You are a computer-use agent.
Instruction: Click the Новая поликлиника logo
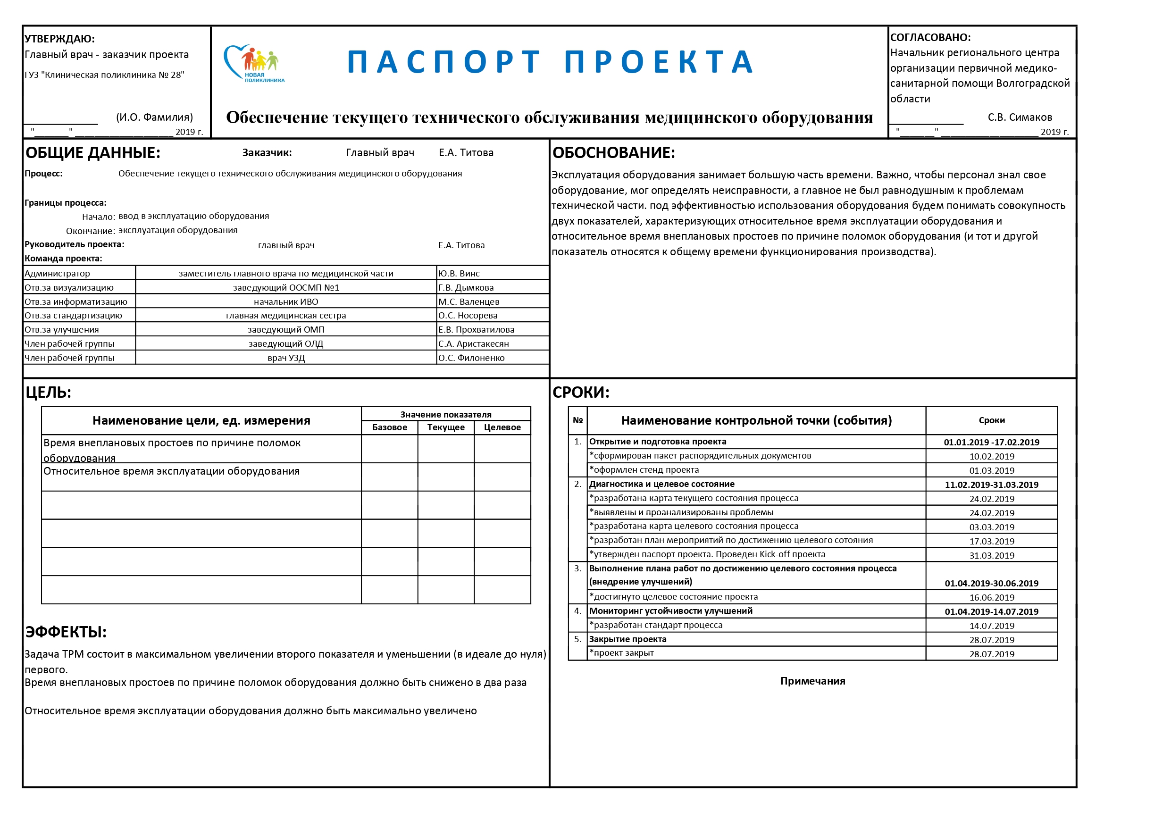tap(254, 64)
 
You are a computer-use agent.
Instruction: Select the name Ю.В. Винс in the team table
tap(459, 274)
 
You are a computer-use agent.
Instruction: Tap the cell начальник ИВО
tap(285, 302)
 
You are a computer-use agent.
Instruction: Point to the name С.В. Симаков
tap(1020, 117)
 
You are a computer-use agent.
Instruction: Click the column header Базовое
tap(389, 427)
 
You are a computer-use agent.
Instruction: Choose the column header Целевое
tap(502, 427)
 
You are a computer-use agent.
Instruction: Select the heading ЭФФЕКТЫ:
tap(67, 632)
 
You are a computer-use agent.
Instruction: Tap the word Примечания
tap(812, 681)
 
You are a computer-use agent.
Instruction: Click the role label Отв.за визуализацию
tap(69, 288)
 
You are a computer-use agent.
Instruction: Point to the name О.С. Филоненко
tap(471, 358)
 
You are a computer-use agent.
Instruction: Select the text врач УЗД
tap(285, 358)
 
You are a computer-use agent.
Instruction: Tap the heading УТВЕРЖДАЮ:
tap(59, 39)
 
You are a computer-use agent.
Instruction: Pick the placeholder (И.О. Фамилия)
tap(155, 117)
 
